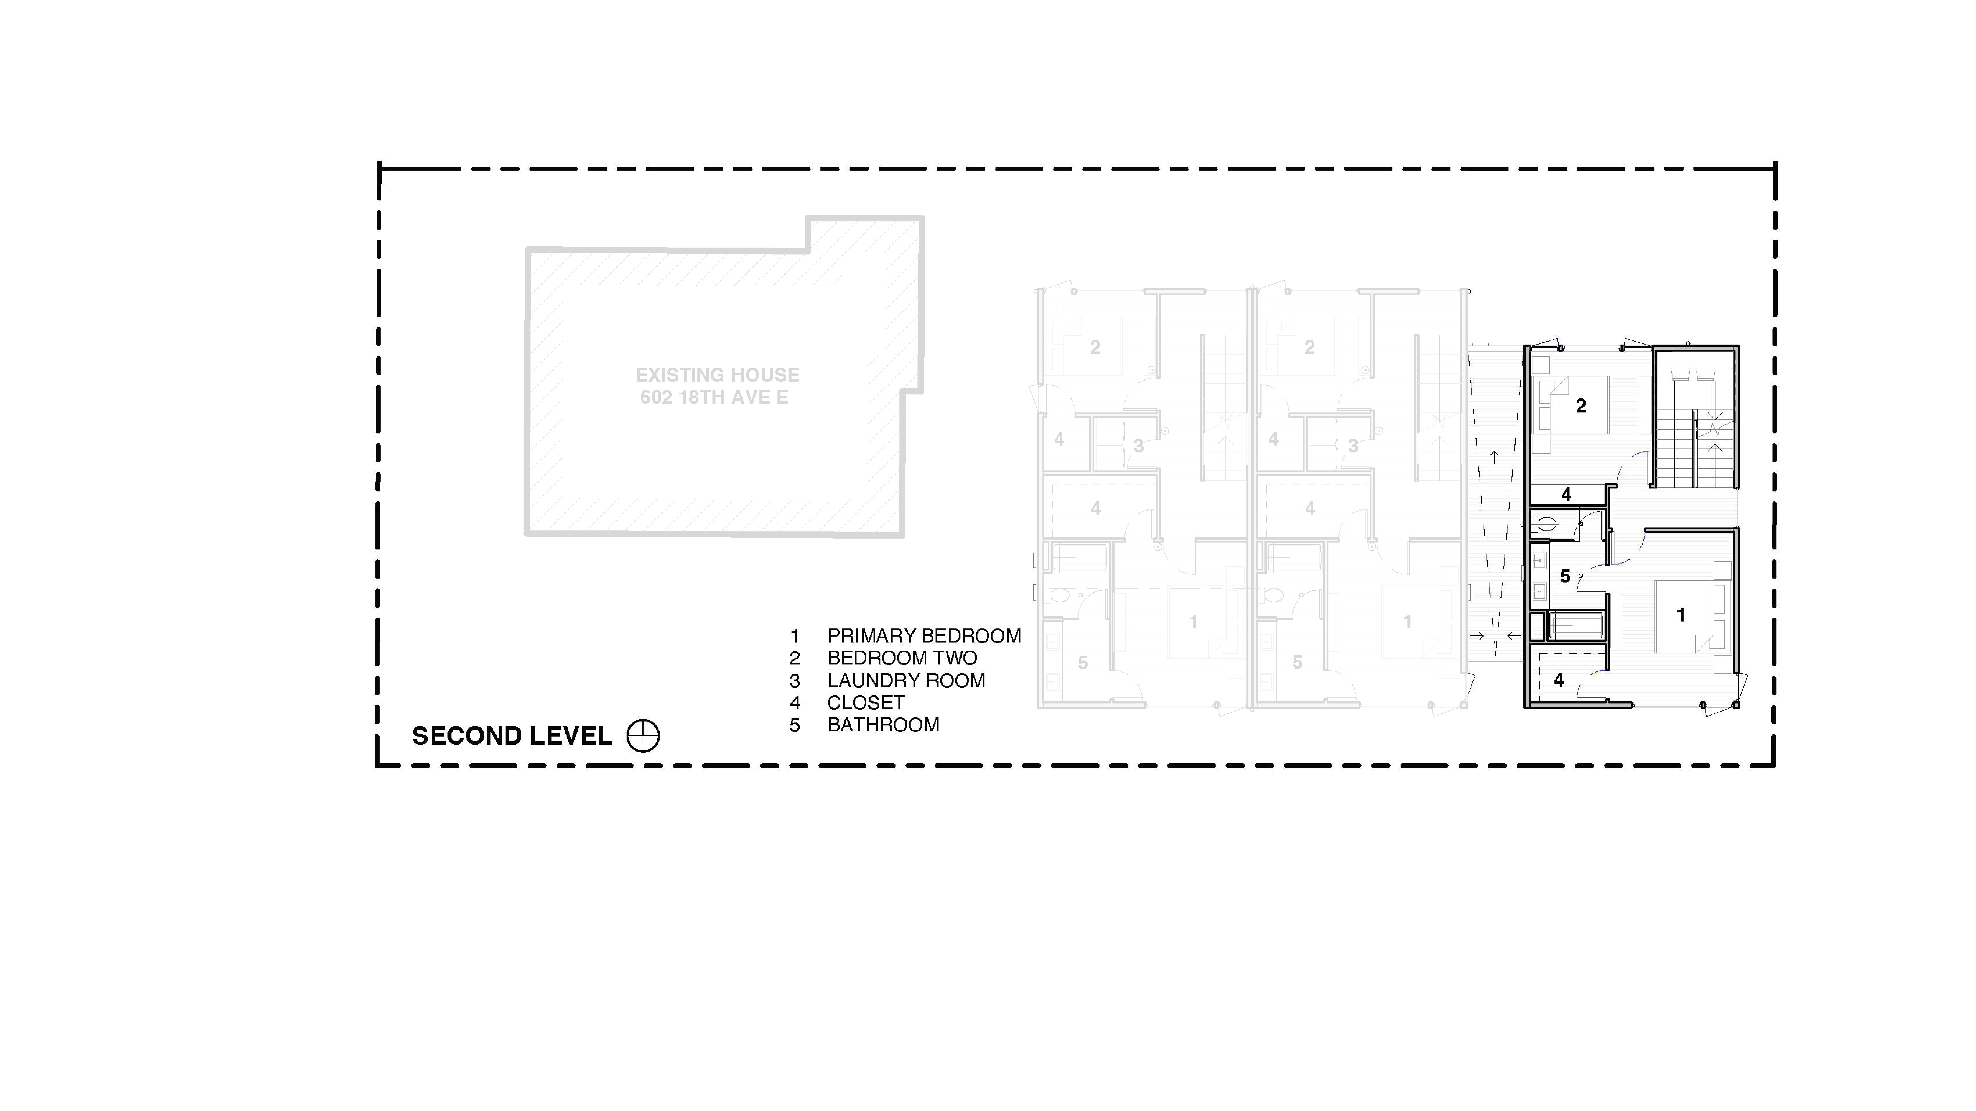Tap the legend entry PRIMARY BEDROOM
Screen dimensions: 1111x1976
pos(924,636)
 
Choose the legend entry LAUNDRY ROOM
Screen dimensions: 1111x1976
pos(906,680)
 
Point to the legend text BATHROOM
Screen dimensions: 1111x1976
pos(883,724)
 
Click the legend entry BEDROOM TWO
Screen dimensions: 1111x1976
pos(902,658)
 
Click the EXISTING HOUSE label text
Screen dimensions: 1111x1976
pos(717,375)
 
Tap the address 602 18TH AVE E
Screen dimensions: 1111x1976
pos(714,397)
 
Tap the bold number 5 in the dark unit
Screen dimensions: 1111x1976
pos(1566,576)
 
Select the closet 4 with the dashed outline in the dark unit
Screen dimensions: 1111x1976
pos(1559,680)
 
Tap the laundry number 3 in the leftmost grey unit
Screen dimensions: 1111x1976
pos(1138,446)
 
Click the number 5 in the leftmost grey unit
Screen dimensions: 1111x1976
pos(1082,663)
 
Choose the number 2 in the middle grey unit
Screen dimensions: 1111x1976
pos(1309,347)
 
